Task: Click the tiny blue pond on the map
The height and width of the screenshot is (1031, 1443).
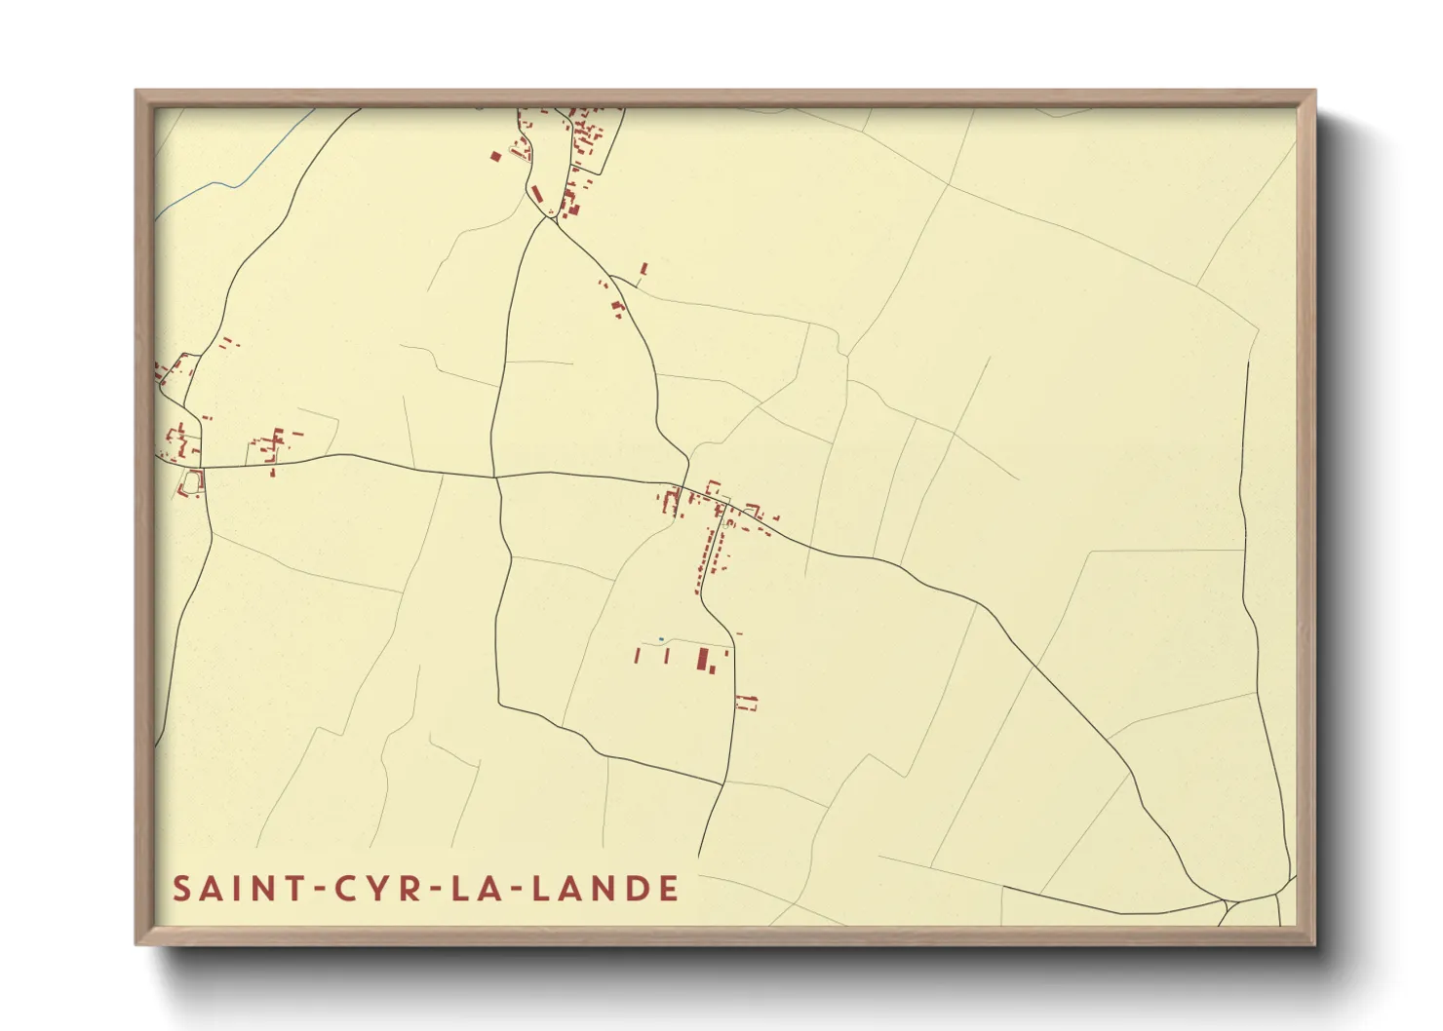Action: coord(662,639)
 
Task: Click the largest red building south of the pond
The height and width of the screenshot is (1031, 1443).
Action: coord(701,659)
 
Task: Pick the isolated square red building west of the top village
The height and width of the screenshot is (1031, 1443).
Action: coord(495,156)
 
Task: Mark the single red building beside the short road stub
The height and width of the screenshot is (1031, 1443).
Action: coord(643,268)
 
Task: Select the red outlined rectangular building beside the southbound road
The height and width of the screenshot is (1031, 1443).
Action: coord(747,702)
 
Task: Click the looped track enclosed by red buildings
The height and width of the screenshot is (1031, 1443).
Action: coord(192,481)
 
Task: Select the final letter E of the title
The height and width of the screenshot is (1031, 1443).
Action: coord(668,889)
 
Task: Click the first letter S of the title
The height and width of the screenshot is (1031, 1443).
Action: coord(181,889)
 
